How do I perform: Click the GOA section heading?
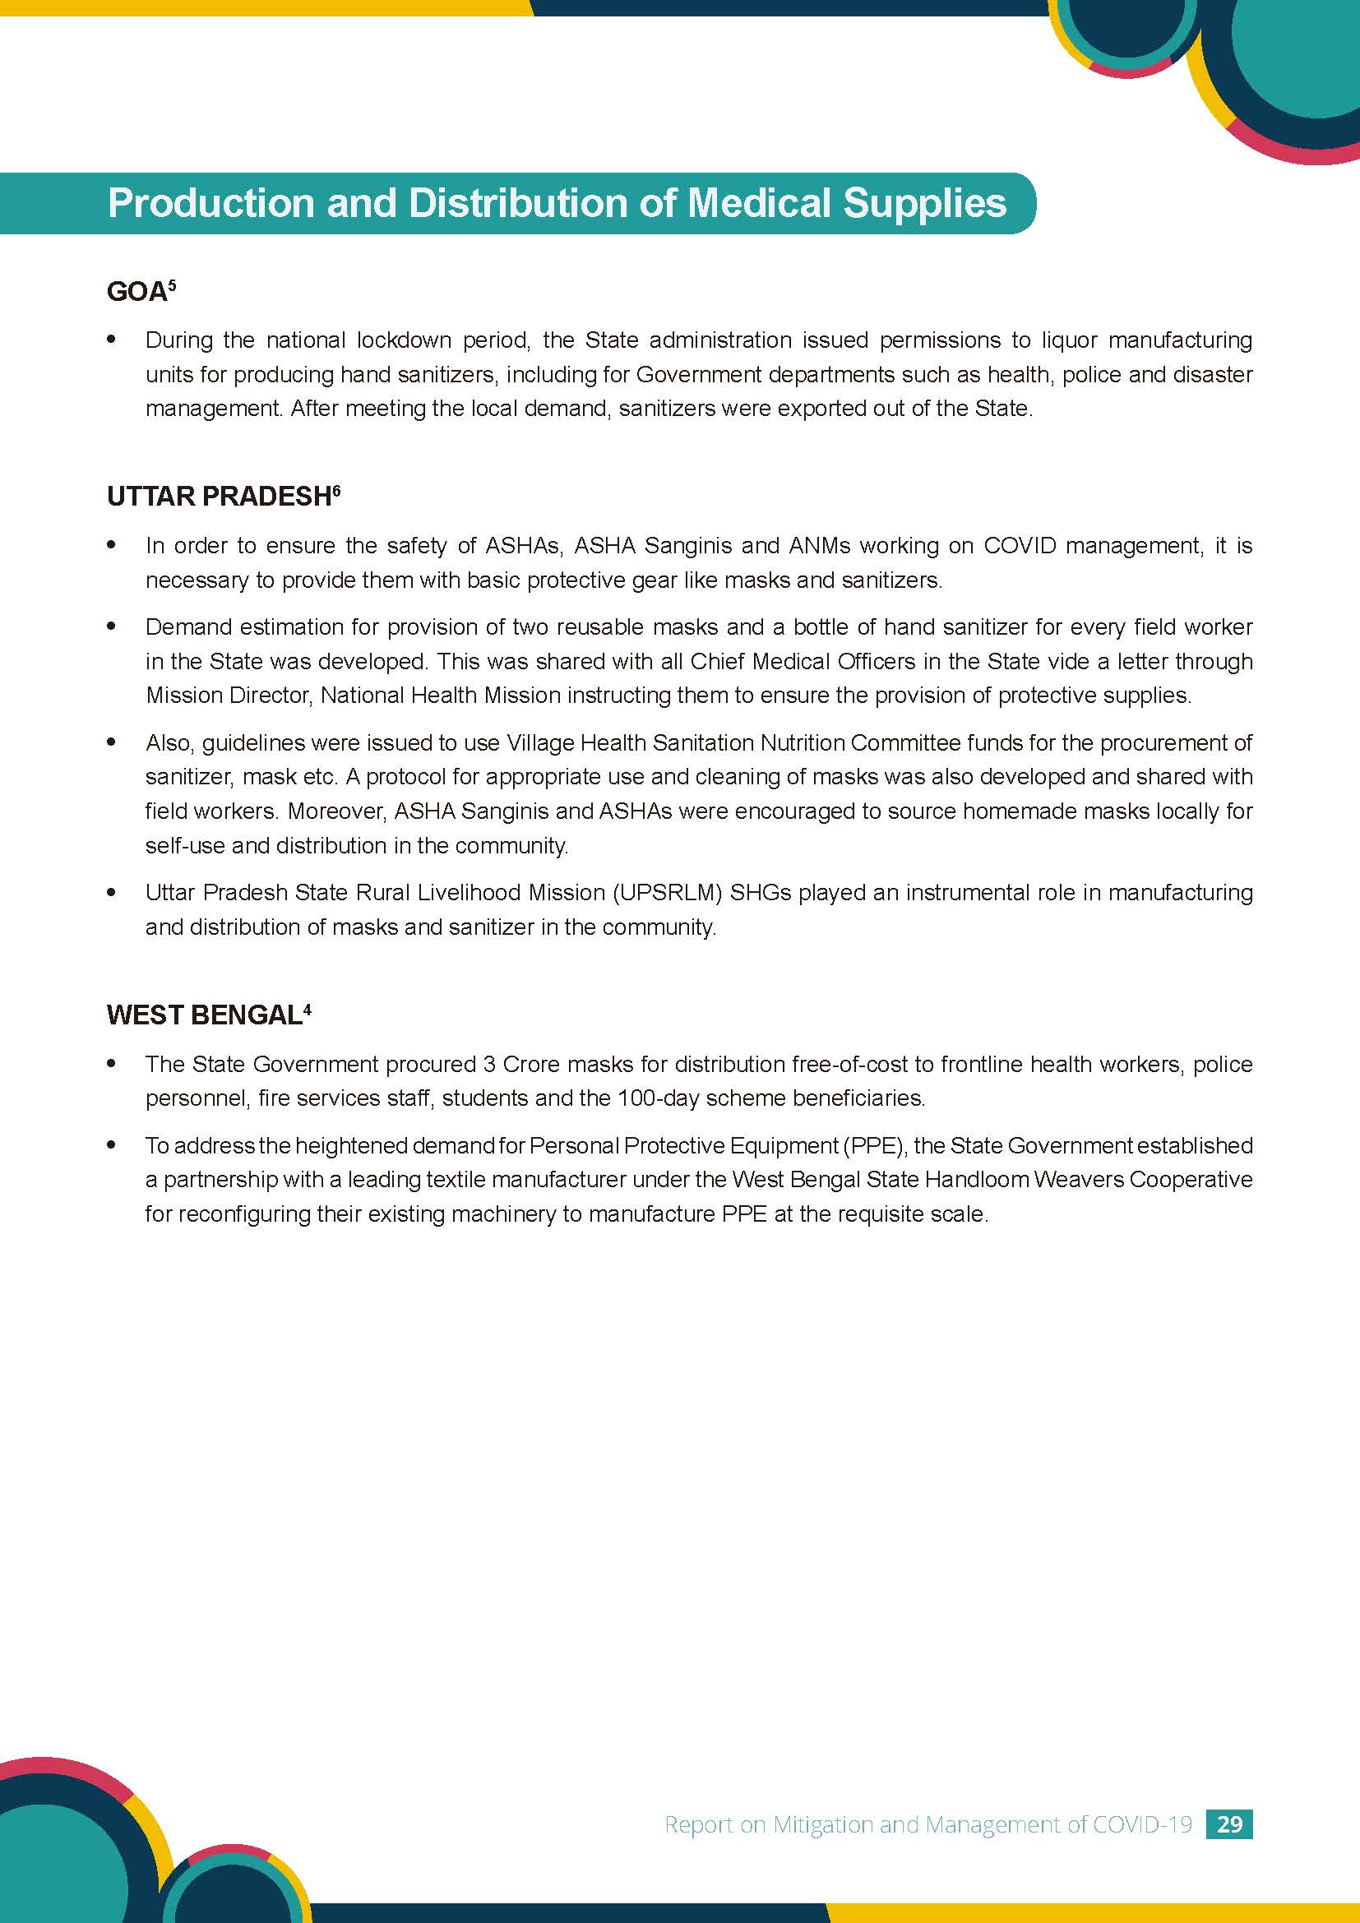coord(136,294)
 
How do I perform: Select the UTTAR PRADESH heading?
coord(219,497)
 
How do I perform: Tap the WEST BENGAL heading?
coord(203,1015)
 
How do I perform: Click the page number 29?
coord(1229,1824)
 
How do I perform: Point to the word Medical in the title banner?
coord(761,204)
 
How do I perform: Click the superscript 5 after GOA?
coord(172,284)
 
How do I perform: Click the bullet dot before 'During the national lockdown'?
coord(111,340)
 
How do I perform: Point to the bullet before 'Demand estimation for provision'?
coord(111,626)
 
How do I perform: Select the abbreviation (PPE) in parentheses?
coord(878,1146)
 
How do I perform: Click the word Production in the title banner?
coord(210,204)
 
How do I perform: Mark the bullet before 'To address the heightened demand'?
coord(111,1145)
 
